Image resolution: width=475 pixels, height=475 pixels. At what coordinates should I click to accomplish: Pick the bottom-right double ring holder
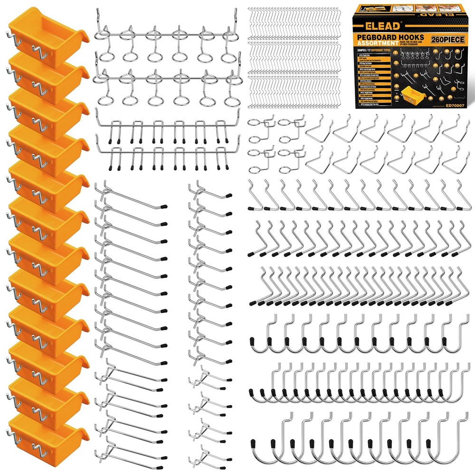[289, 160]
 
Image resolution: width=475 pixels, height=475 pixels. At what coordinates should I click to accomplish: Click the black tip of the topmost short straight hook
[228, 194]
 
